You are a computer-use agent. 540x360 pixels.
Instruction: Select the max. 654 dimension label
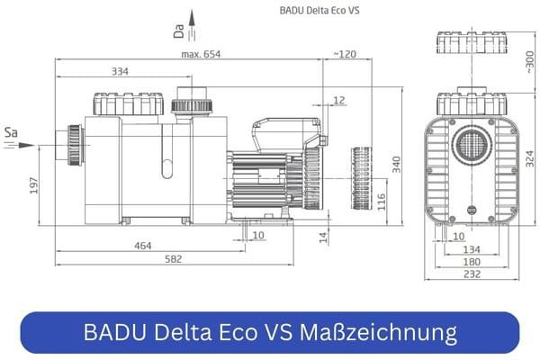click(x=201, y=55)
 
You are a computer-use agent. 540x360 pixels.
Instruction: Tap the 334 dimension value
click(x=118, y=71)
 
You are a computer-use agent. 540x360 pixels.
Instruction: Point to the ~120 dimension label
click(x=344, y=55)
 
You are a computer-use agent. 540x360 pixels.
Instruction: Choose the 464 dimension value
click(x=143, y=246)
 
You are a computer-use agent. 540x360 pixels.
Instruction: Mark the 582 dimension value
click(x=173, y=260)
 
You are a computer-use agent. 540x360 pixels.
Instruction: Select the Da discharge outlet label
click(x=179, y=33)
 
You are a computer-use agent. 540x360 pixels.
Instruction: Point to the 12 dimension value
click(x=339, y=100)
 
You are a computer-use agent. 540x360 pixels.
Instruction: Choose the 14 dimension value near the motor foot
click(x=322, y=237)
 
